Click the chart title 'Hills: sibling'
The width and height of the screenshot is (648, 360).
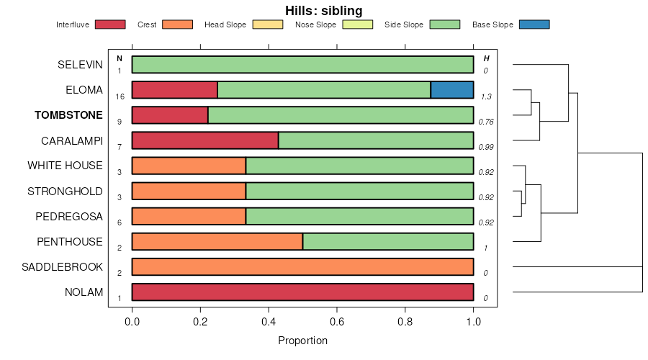click(323, 10)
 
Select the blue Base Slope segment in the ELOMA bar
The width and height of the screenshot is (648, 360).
click(451, 90)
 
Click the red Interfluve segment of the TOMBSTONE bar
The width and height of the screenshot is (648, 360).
click(170, 115)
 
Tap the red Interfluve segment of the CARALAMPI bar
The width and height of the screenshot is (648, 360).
click(205, 140)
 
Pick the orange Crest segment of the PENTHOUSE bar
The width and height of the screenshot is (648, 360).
click(217, 241)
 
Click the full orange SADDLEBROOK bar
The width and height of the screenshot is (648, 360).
click(302, 266)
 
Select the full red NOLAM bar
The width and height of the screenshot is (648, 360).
click(302, 292)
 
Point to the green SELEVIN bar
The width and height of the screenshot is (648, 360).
click(302, 65)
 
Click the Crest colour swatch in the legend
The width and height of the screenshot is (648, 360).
click(177, 24)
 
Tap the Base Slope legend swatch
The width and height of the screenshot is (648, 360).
click(534, 24)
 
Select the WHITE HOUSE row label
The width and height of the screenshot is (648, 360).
click(65, 166)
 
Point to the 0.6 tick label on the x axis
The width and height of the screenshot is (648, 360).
click(405, 321)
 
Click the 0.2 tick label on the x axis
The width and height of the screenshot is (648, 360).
click(200, 321)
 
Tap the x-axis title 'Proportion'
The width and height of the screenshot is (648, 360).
click(302, 341)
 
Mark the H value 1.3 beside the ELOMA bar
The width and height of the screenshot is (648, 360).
click(486, 96)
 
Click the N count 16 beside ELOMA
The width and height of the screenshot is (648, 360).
click(120, 96)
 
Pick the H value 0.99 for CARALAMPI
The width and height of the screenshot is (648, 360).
click(486, 147)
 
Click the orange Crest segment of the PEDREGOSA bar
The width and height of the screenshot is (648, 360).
click(189, 216)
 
